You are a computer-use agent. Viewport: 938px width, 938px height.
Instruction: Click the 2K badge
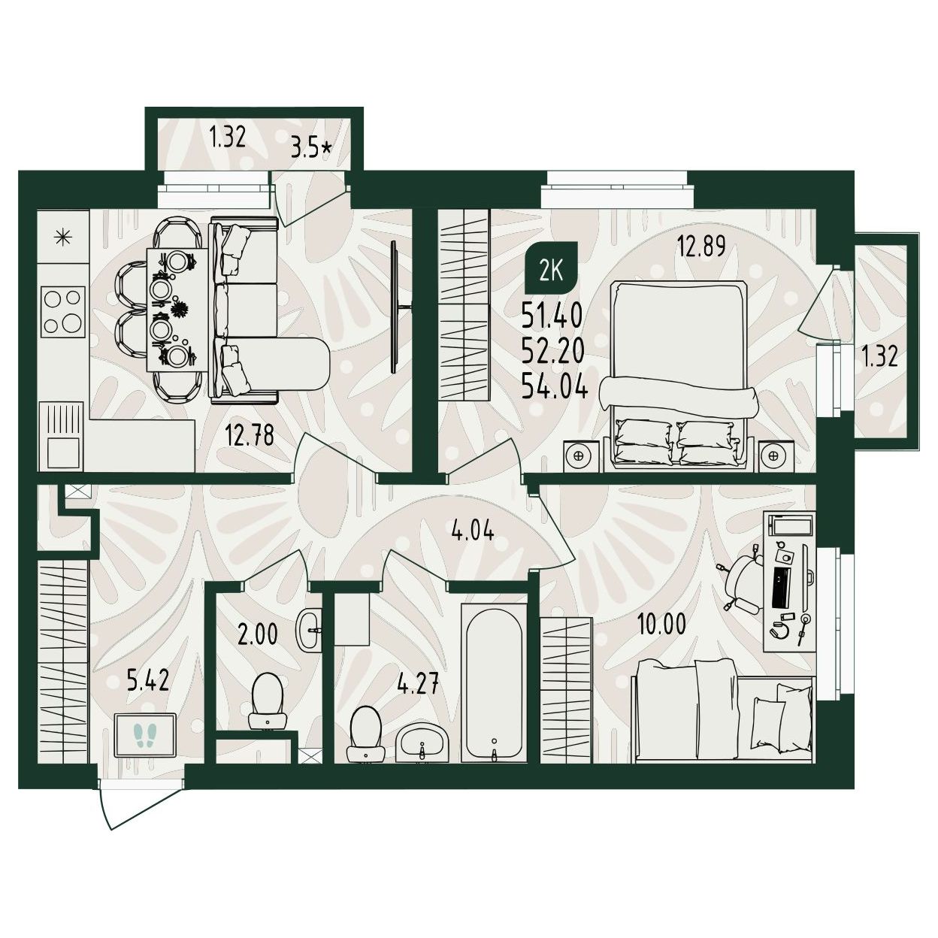tap(552, 271)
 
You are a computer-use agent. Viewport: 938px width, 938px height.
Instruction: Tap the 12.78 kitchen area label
tap(250, 435)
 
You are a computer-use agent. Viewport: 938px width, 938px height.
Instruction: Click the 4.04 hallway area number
tap(472, 531)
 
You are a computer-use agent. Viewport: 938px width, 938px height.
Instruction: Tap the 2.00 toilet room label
tap(258, 634)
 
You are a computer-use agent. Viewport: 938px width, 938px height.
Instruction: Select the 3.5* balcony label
tap(311, 148)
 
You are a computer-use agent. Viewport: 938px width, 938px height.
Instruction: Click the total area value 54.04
tap(554, 388)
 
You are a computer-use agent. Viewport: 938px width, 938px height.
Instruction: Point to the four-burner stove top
tap(63, 311)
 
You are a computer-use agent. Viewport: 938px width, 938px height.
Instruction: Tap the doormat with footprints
tap(146, 734)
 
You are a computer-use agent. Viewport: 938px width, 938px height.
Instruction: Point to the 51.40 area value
tap(552, 314)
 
